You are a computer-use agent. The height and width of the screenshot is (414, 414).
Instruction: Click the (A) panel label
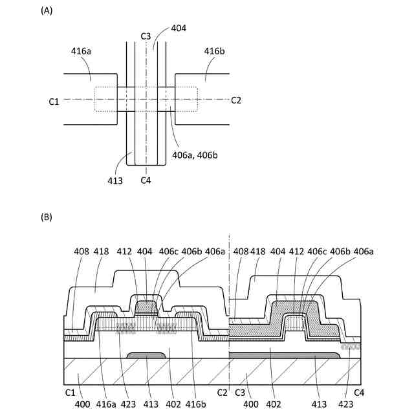point(46,10)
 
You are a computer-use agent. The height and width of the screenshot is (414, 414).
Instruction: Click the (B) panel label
point(46,217)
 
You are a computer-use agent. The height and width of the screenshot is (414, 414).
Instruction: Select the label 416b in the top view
point(215,50)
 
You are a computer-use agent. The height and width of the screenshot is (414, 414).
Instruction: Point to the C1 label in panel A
point(54,101)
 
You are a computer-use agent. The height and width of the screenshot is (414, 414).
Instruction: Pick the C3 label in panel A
point(146,36)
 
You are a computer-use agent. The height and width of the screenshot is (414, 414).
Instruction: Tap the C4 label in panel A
point(146,179)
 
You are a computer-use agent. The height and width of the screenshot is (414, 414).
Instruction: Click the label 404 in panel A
point(179,28)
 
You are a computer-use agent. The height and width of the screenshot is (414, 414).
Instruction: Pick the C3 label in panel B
point(237,393)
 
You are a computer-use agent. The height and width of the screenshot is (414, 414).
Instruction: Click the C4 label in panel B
point(360,393)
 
